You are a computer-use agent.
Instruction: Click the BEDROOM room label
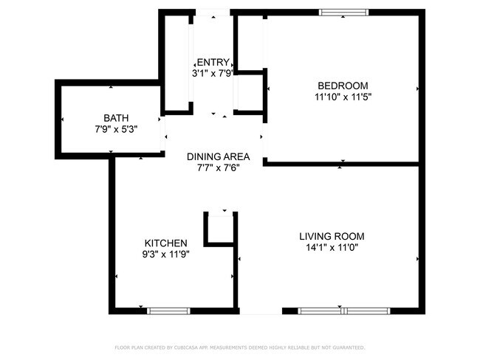(x=342, y=86)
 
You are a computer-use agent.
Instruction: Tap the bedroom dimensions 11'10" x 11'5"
(x=342, y=97)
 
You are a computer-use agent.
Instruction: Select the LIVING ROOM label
(x=332, y=236)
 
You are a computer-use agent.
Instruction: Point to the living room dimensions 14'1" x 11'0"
(x=332, y=248)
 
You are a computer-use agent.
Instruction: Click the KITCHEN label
(x=165, y=243)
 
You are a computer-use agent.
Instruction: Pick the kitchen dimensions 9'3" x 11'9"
(x=165, y=255)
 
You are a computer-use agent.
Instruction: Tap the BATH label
(x=115, y=117)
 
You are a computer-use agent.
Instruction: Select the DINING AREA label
(x=218, y=156)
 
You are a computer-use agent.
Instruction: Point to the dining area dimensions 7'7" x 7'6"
(x=218, y=167)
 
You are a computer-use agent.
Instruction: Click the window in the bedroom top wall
(x=343, y=12)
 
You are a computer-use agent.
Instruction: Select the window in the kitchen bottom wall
(x=169, y=311)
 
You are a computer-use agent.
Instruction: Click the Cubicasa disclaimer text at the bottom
(x=239, y=347)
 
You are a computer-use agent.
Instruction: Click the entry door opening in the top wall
(x=213, y=13)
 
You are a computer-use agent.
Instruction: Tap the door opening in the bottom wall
(x=260, y=311)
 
